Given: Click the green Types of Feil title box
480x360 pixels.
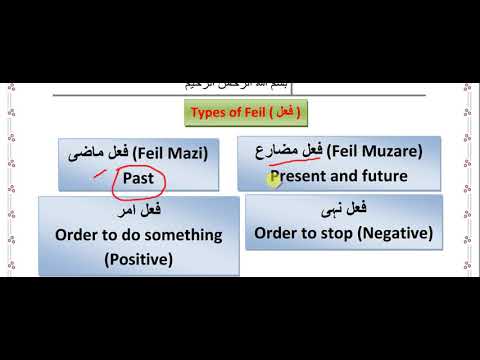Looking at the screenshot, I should coord(246,112).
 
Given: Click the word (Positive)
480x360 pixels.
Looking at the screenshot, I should coord(138,259).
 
